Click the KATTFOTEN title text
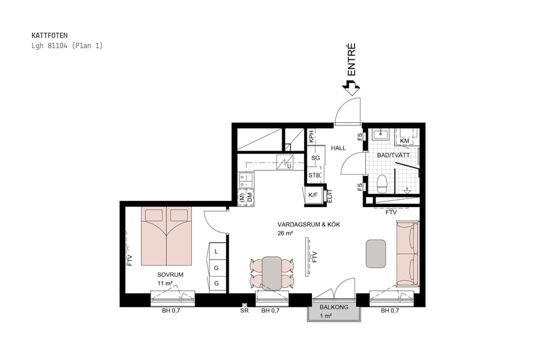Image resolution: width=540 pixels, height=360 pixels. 49,35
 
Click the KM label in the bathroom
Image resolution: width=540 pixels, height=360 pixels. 404,141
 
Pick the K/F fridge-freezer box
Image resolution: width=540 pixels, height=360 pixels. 313,195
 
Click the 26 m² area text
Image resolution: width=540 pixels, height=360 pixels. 285,233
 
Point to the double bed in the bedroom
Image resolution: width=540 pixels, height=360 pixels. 166,236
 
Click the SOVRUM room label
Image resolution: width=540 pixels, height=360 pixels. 170,275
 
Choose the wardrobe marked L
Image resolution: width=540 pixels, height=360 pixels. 217,252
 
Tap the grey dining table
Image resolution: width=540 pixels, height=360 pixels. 272,273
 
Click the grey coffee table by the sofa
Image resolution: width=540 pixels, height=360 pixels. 376,253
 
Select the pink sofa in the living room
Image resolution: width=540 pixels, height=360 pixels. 407,253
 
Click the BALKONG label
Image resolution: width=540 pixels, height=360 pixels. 333,307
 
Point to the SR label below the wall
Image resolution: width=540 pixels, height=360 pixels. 244,311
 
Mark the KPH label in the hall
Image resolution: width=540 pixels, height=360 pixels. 311,136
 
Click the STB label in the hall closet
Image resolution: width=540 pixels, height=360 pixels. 314,175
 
